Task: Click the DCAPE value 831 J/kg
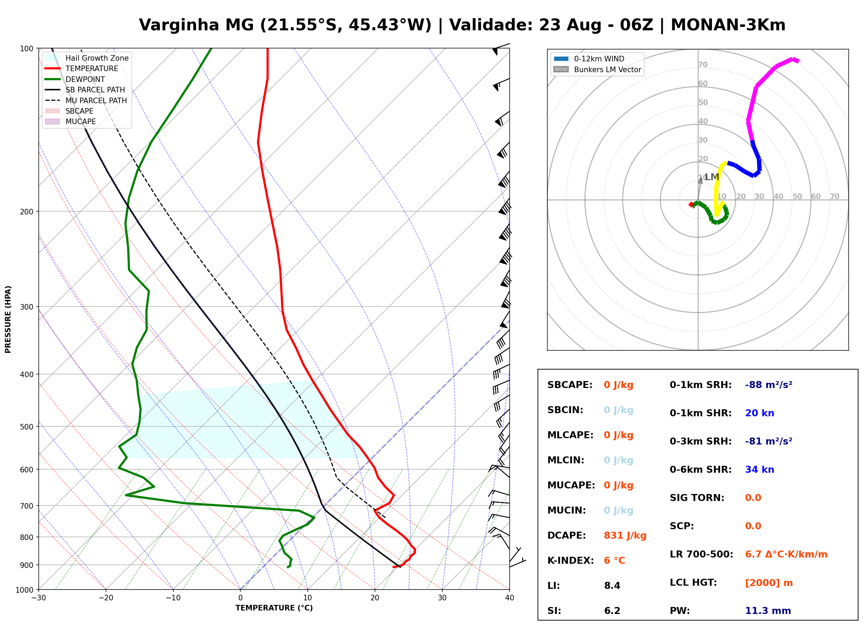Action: pyautogui.click(x=625, y=536)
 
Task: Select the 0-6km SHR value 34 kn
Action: pyautogui.click(x=759, y=470)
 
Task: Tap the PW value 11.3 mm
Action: pyautogui.click(x=768, y=611)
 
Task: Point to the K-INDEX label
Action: pyautogui.click(x=571, y=561)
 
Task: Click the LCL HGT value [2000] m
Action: pyautogui.click(x=769, y=583)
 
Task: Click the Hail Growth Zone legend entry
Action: pyautogui.click(x=87, y=58)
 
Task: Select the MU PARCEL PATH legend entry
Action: pyautogui.click(x=86, y=100)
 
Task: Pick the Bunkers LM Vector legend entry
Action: pyautogui.click(x=597, y=69)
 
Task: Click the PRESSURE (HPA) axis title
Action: pyautogui.click(x=8, y=319)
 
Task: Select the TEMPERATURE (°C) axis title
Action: pyautogui.click(x=274, y=608)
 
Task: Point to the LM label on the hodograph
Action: pyautogui.click(x=712, y=177)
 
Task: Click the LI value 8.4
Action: pyautogui.click(x=612, y=586)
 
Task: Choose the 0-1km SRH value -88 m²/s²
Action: pyautogui.click(x=768, y=385)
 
